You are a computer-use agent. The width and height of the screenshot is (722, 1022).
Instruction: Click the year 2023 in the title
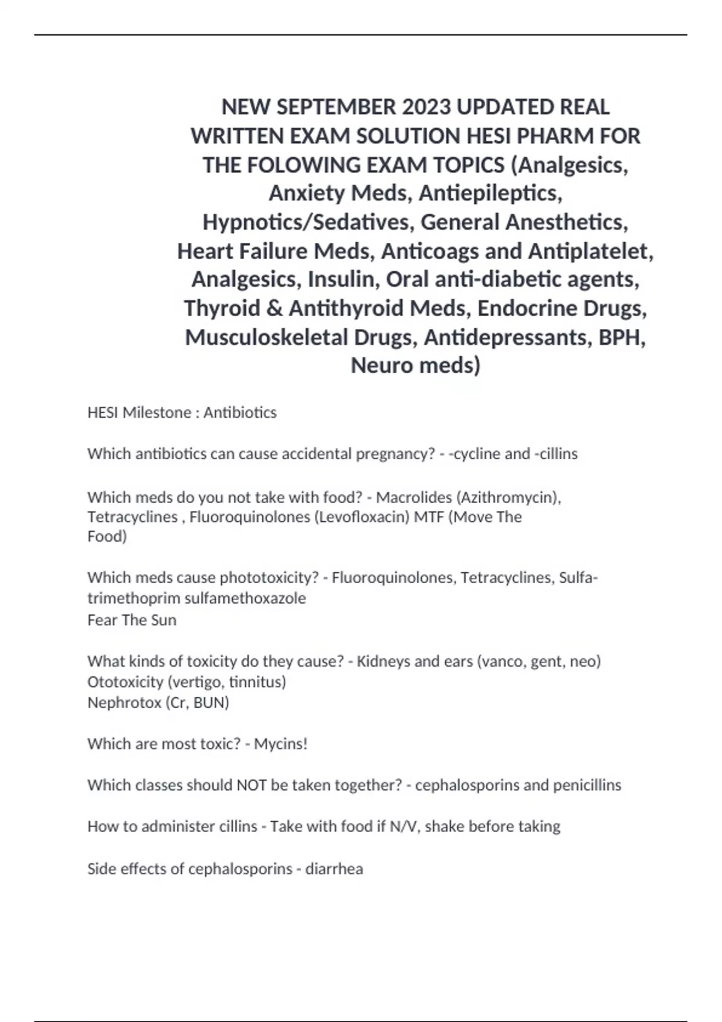pos(427,107)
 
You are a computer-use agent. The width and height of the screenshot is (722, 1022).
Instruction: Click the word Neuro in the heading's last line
pos(377,366)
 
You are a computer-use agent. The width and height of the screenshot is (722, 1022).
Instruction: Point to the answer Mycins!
pos(280,744)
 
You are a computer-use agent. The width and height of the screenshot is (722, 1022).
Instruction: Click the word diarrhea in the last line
pos(334,869)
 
